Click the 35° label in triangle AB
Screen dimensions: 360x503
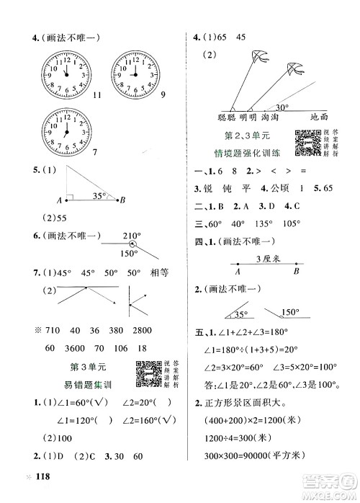click(x=106, y=195)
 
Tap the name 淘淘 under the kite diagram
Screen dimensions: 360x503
click(x=269, y=117)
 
